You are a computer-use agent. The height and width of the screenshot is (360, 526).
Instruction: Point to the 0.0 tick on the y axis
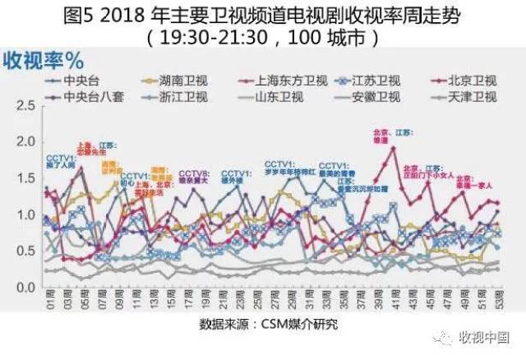(24, 287)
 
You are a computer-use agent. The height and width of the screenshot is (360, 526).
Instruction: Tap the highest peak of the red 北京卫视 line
(393, 148)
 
